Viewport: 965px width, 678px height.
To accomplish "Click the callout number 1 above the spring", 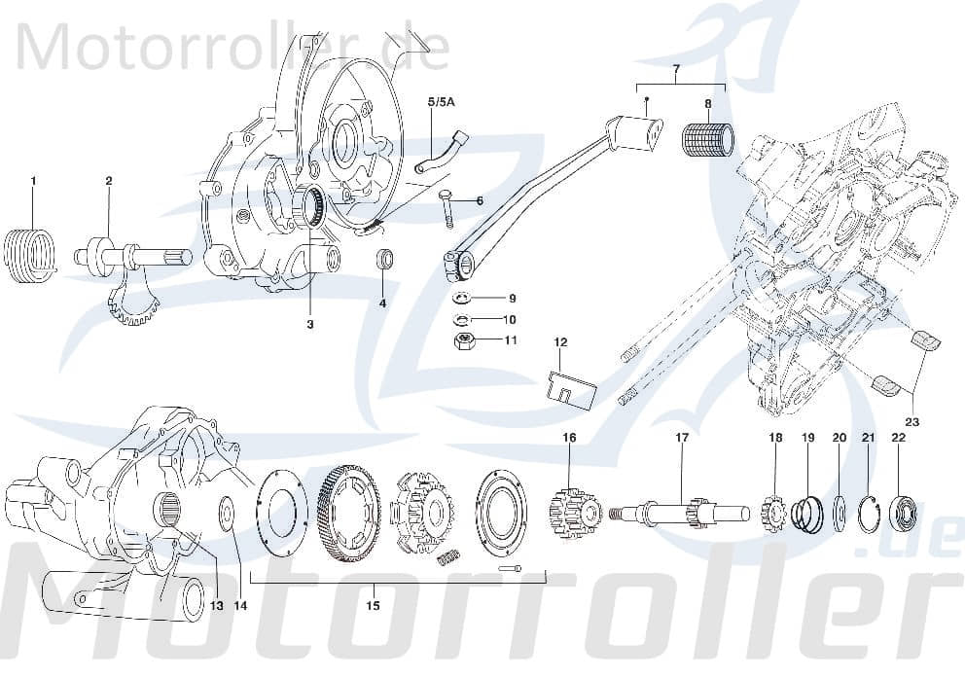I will tap(32, 181).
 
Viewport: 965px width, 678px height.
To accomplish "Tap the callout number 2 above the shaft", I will tap(108, 181).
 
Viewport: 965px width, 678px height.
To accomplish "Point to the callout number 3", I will tap(310, 324).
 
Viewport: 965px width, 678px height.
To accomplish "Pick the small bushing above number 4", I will tap(385, 261).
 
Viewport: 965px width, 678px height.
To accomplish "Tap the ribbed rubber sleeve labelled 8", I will tap(708, 138).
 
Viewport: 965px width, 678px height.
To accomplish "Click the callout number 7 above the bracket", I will tap(679, 70).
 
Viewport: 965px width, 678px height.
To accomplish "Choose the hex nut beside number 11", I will tap(465, 340).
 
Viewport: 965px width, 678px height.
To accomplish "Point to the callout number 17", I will tap(682, 438).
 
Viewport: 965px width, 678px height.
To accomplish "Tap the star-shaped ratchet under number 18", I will tap(775, 510).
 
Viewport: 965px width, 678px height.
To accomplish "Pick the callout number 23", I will tap(911, 422).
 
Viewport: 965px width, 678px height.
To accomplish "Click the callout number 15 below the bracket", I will tap(373, 605).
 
